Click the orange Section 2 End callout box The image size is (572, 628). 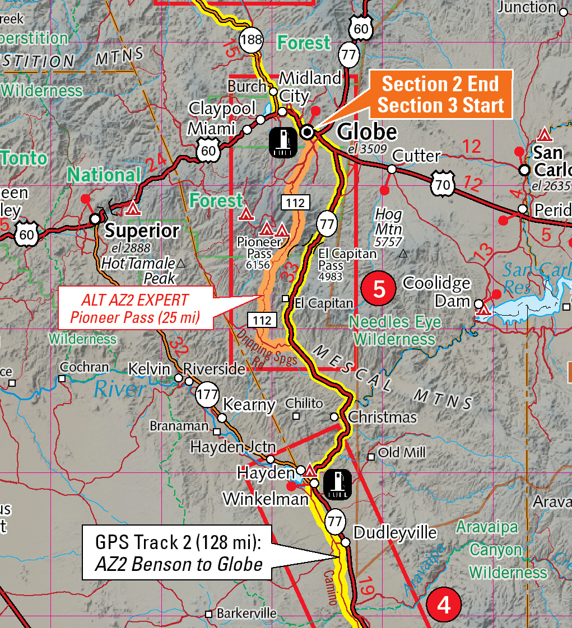click(x=440, y=94)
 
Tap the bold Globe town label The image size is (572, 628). click(x=367, y=132)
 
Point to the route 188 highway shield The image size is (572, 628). click(x=251, y=40)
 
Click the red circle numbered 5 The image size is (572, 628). click(x=379, y=289)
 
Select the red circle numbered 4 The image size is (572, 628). click(x=444, y=605)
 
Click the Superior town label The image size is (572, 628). click(x=142, y=230)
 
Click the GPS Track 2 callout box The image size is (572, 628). click(x=179, y=552)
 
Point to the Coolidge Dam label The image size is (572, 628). click(x=436, y=292)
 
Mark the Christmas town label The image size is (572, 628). click(x=382, y=417)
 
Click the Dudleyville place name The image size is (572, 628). click(x=394, y=532)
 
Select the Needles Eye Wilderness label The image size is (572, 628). click(x=394, y=330)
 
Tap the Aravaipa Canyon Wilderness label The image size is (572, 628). click(x=501, y=550)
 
